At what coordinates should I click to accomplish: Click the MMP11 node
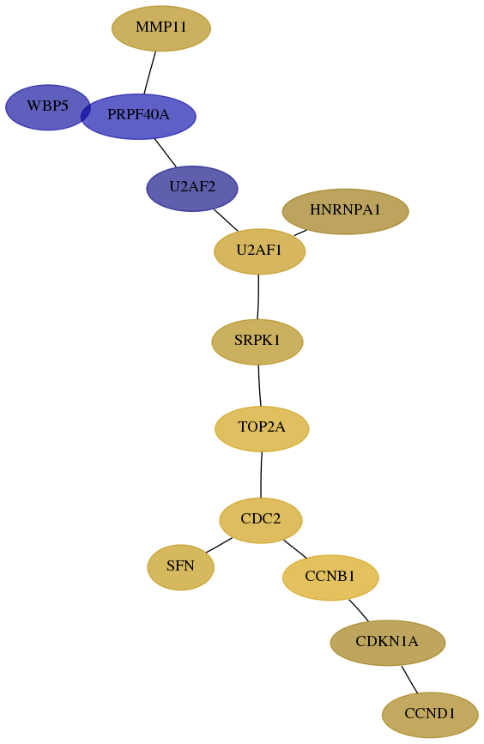(x=161, y=28)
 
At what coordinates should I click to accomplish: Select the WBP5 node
(x=47, y=107)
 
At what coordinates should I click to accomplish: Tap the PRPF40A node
(x=138, y=116)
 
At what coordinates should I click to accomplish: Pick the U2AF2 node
(x=192, y=189)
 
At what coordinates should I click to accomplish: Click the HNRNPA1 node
(x=346, y=211)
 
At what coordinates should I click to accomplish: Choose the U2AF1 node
(x=259, y=251)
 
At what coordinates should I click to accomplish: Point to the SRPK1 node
(x=257, y=342)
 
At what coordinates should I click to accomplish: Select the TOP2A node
(x=262, y=429)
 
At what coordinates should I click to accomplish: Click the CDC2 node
(x=261, y=520)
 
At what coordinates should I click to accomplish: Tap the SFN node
(x=181, y=567)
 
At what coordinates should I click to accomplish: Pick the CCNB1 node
(x=330, y=578)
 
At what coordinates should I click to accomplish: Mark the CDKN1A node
(x=388, y=643)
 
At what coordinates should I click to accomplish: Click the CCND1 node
(x=430, y=715)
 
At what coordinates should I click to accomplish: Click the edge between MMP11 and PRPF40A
(x=150, y=73)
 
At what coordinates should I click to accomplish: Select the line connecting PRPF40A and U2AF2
(x=165, y=153)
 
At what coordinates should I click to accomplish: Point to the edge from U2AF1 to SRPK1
(x=258, y=297)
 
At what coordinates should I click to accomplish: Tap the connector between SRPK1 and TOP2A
(x=259, y=385)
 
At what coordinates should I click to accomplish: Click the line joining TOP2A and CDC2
(x=261, y=475)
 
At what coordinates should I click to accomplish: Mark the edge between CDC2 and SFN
(x=219, y=545)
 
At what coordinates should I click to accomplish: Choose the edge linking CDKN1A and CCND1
(x=409, y=680)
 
